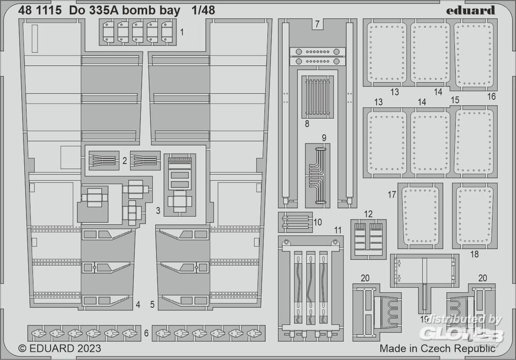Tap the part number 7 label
click(x=317, y=23)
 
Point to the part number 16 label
click(x=491, y=97)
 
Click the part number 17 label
click(x=392, y=195)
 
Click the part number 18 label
click(x=474, y=254)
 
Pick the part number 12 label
click(x=368, y=214)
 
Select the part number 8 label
click(x=307, y=124)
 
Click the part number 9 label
click(x=324, y=138)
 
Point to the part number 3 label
click(x=158, y=211)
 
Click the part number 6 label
click(x=146, y=334)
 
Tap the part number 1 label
click(x=182, y=32)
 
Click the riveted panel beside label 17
click(x=421, y=216)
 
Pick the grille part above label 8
click(x=317, y=97)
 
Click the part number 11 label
click(x=337, y=229)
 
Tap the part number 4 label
click(x=138, y=305)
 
